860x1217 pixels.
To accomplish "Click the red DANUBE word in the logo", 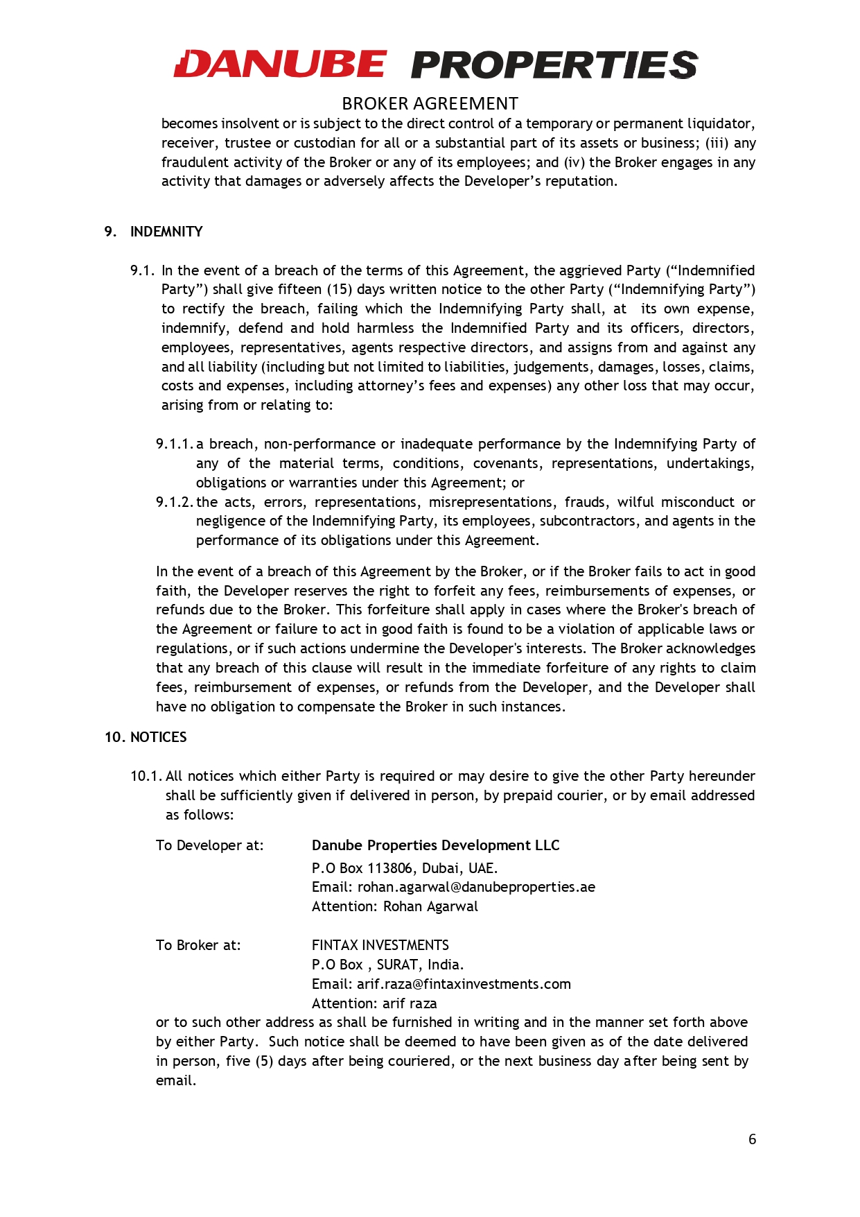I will click(280, 64).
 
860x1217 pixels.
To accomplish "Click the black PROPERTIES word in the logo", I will click(554, 64).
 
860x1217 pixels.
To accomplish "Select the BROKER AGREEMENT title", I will click(430, 104).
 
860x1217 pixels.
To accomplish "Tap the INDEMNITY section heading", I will click(166, 232).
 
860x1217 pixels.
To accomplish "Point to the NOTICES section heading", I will click(159, 737).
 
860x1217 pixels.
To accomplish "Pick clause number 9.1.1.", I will click(175, 444).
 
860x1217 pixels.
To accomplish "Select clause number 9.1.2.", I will click(175, 502).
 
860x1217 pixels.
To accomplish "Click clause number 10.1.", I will click(146, 776).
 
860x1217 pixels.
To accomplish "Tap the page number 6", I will click(752, 1139).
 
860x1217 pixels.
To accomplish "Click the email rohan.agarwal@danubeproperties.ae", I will click(476, 887).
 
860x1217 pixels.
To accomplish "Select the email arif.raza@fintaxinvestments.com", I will click(464, 984).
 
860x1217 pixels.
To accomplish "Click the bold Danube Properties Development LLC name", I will click(435, 845).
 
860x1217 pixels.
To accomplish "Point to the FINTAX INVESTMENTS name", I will click(380, 945).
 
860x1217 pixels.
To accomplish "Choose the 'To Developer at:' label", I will click(209, 845).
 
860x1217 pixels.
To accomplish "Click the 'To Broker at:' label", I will click(198, 945).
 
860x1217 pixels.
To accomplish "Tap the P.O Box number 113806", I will click(390, 868).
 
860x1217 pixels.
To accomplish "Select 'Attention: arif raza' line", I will click(374, 1003).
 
